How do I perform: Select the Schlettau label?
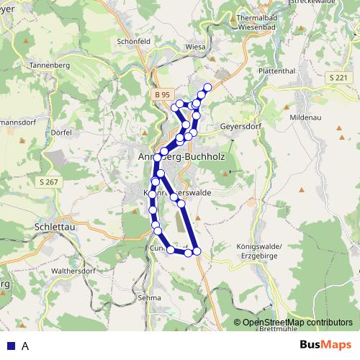51,225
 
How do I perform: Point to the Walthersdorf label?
75,271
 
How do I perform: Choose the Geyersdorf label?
238,124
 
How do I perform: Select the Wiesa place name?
195,47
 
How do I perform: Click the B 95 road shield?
162,94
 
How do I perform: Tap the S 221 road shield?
336,77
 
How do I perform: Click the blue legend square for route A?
9,346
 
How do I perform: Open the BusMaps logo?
325,345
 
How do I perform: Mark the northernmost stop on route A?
208,88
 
